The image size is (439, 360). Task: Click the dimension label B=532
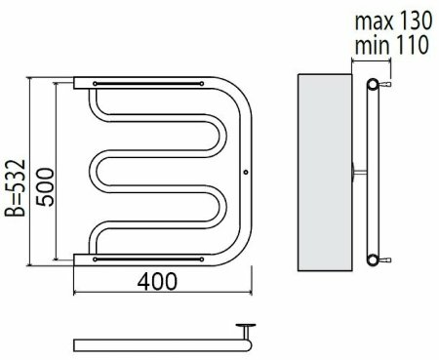(15, 188)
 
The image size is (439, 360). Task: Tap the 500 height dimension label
(45, 187)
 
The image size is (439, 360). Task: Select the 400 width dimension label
(157, 281)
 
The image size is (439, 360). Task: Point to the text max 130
(393, 20)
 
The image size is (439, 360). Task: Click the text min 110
(392, 45)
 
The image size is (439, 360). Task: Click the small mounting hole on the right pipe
(246, 172)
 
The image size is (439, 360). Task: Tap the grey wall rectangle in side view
(325, 173)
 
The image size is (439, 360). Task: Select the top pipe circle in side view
(373, 84)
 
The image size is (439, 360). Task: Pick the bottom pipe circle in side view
(373, 260)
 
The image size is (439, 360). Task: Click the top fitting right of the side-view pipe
(384, 85)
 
